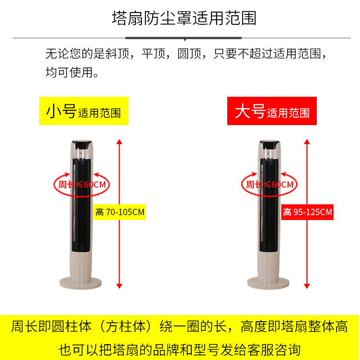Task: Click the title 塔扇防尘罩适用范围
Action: pyautogui.click(x=184, y=18)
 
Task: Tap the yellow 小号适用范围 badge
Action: pyautogui.click(x=84, y=111)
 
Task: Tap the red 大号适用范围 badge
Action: pyautogui.click(x=272, y=111)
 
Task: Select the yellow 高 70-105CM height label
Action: pyautogui.click(x=119, y=212)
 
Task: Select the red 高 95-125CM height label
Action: pyautogui.click(x=307, y=212)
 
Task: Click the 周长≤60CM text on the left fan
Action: pyautogui.click(x=82, y=184)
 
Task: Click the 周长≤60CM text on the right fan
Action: pyautogui.click(x=270, y=184)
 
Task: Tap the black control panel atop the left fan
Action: pyautogui.click(x=82, y=144)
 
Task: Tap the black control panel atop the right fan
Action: pyautogui.click(x=270, y=144)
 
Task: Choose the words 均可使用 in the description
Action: pyautogui.click(x=70, y=72)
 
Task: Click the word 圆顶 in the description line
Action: pyautogui.click(x=189, y=54)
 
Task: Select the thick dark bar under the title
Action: pyautogui.click(x=184, y=38)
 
